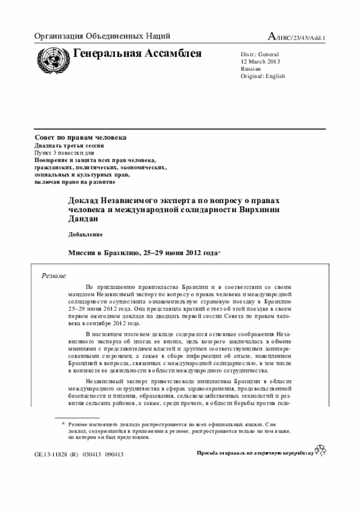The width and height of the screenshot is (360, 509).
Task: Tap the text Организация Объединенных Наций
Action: (x=102, y=37)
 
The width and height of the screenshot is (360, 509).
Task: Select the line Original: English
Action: (x=263, y=76)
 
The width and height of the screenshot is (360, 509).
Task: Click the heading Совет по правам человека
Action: (x=80, y=138)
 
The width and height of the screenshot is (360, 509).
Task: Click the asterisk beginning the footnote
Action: (x=63, y=423)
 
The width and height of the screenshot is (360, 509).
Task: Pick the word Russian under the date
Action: (x=251, y=69)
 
